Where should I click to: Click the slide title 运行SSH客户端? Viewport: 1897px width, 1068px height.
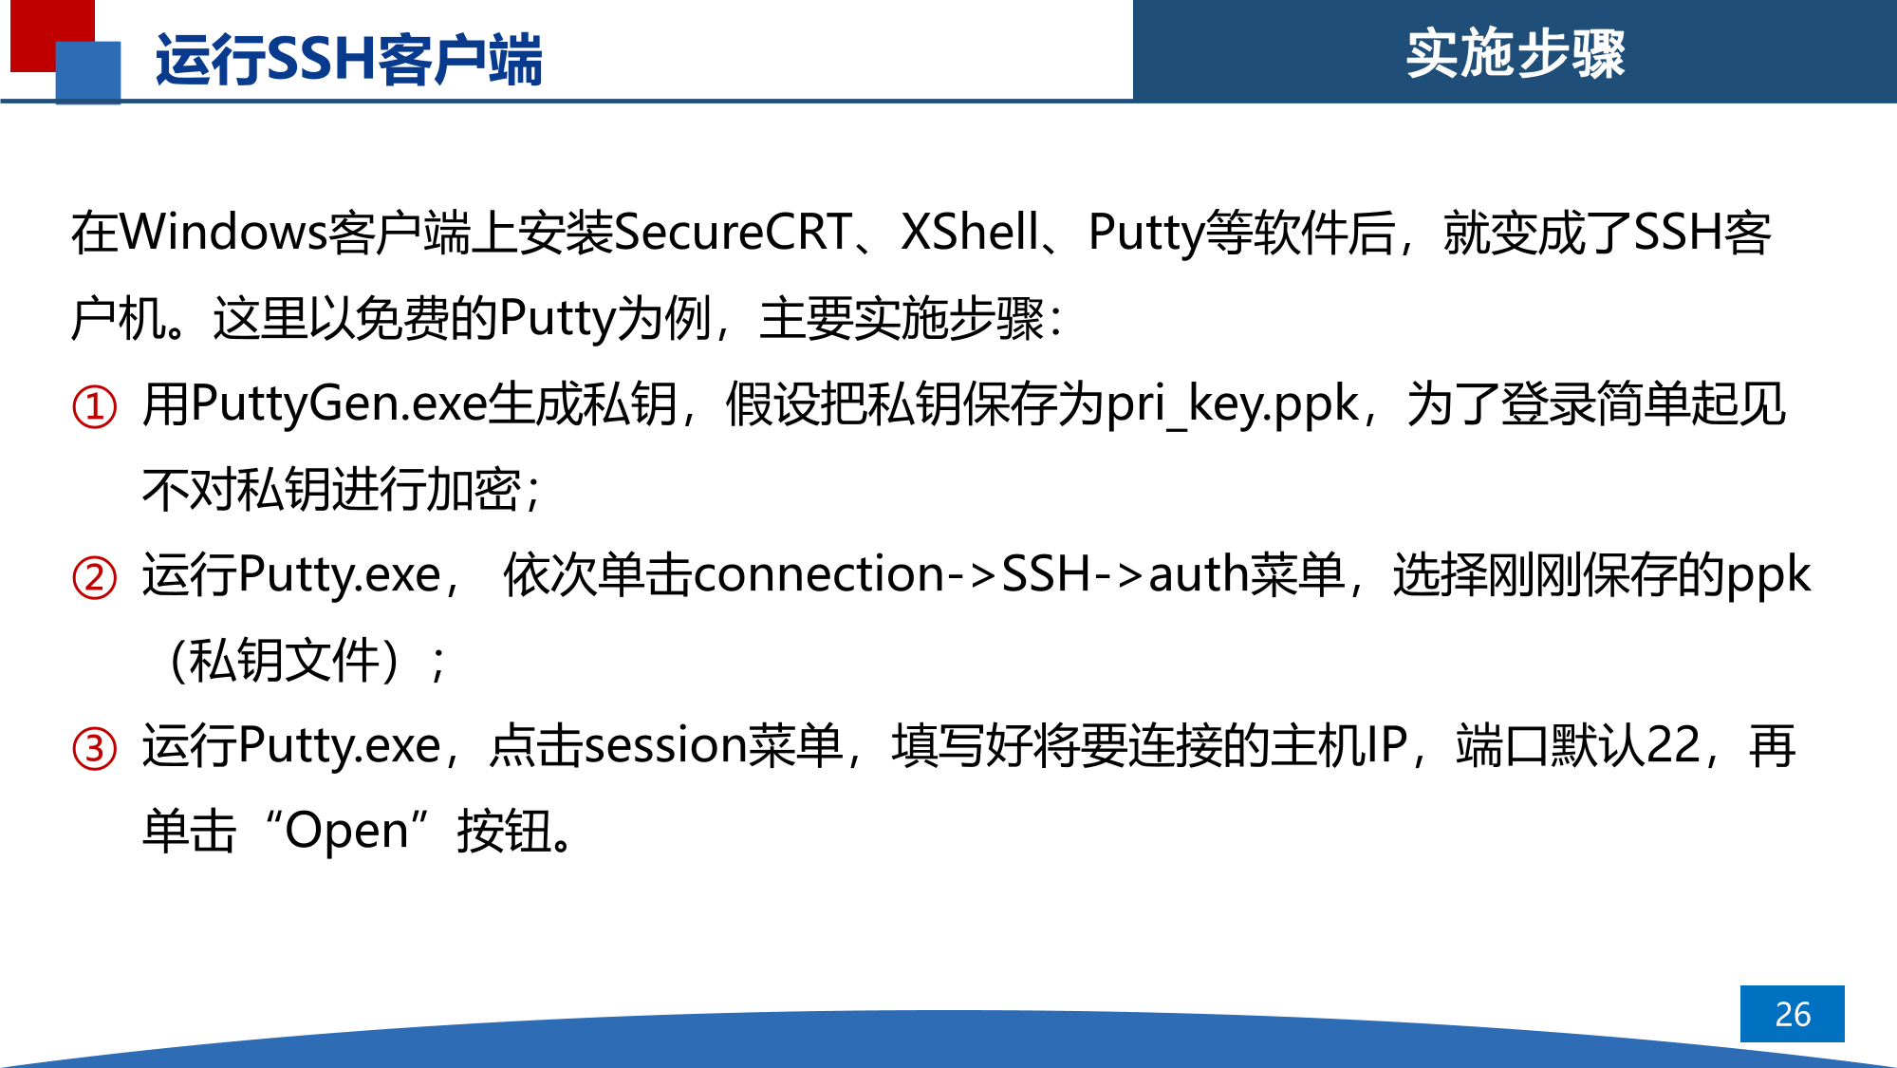pos(348,59)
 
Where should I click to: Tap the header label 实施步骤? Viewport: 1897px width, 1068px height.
pos(1515,53)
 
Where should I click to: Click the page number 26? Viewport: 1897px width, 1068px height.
pos(1793,1014)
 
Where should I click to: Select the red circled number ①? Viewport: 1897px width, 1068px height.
pos(95,407)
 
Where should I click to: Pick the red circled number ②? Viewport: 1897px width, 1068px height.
pos(95,578)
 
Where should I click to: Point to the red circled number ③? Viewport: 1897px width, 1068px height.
pos(95,749)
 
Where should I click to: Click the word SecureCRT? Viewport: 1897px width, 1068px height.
pos(733,233)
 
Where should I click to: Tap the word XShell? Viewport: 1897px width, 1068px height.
pos(970,233)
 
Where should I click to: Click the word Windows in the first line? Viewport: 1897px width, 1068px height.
pos(224,233)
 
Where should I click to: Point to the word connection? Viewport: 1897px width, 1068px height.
pos(819,575)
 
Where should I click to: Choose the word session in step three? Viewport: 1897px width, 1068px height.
pos(665,746)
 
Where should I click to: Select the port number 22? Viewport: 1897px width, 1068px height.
pos(1673,746)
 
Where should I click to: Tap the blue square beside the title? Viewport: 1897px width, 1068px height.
pos(88,72)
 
